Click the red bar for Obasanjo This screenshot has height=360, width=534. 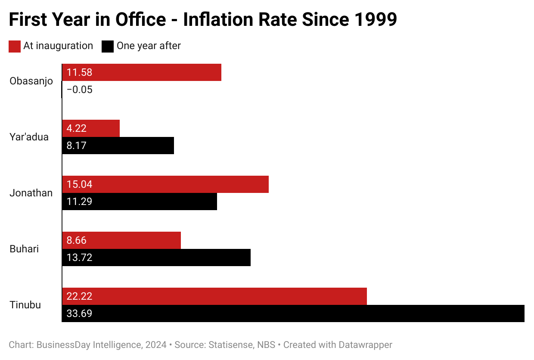[x=142, y=72]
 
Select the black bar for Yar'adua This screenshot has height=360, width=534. [x=118, y=146]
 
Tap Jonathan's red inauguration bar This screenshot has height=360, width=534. [x=165, y=184]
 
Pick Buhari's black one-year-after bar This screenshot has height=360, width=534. [x=156, y=258]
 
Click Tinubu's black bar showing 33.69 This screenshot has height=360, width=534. [x=293, y=313]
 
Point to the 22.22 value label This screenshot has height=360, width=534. [x=80, y=296]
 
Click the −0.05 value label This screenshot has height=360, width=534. [x=80, y=90]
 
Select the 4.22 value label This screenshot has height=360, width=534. [x=77, y=128]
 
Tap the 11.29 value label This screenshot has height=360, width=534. [x=80, y=202]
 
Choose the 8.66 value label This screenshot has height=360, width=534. [x=77, y=240]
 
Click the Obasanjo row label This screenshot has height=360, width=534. [x=31, y=81]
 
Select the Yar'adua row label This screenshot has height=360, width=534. [x=29, y=137]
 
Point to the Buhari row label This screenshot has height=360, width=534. [x=24, y=249]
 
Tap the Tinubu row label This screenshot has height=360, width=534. [x=25, y=305]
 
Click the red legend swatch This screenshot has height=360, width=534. [x=15, y=46]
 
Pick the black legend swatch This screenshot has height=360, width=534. [x=108, y=46]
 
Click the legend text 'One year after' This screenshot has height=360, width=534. [x=149, y=46]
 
